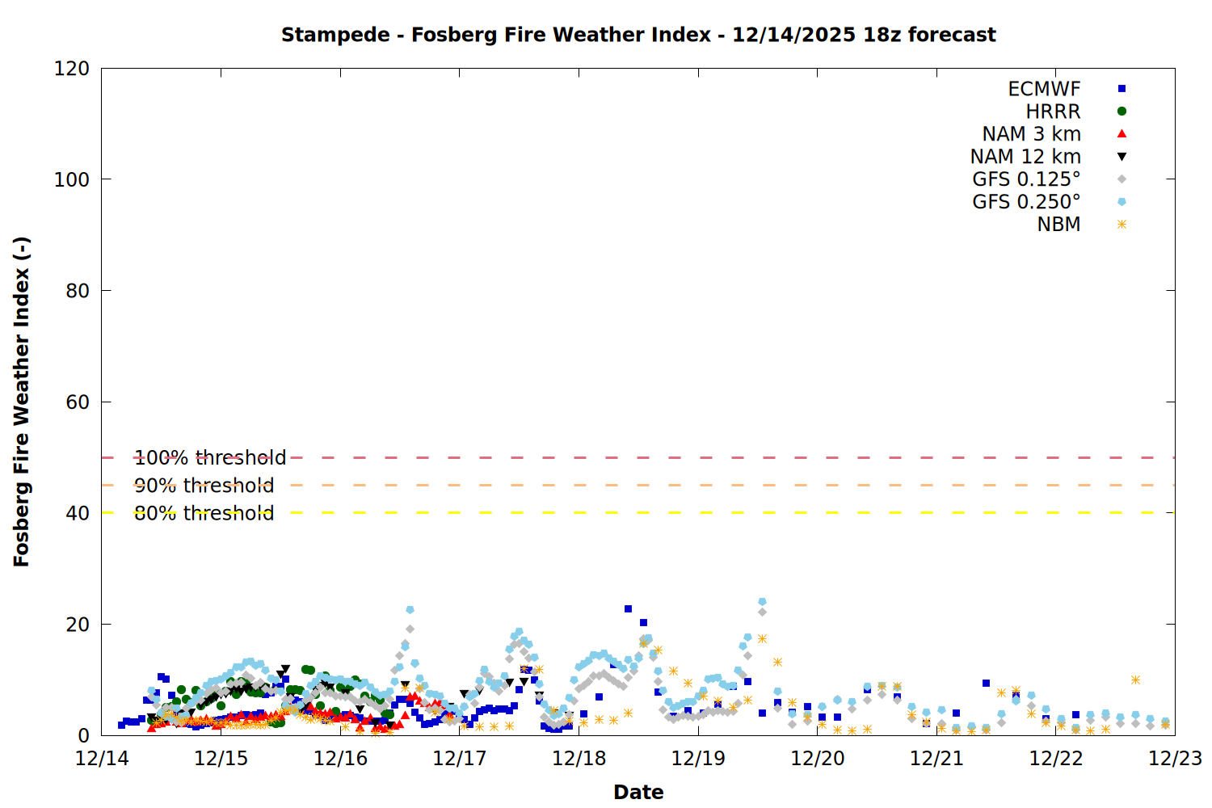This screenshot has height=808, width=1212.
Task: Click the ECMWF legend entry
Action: click(x=1044, y=89)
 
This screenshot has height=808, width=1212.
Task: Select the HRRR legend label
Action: click(x=1053, y=112)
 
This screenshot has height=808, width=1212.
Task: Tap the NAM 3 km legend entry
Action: click(x=1031, y=134)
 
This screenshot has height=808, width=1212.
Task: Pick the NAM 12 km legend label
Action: click(x=1025, y=157)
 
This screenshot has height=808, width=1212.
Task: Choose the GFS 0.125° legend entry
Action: click(x=1026, y=179)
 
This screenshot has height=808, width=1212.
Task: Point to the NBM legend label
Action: click(x=1058, y=225)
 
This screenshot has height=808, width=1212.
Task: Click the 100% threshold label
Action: click(x=210, y=458)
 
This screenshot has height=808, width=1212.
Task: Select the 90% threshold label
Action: click(x=204, y=486)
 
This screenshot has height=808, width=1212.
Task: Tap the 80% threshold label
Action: click(x=204, y=513)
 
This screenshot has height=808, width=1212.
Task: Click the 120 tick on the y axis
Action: click(x=72, y=69)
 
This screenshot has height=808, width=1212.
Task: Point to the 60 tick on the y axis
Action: click(x=78, y=402)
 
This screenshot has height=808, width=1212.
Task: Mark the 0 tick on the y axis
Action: click(x=83, y=735)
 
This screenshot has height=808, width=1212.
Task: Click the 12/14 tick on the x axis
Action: click(x=102, y=759)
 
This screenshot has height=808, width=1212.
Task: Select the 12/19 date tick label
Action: click(x=698, y=759)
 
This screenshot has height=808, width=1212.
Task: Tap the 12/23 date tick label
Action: click(x=1175, y=759)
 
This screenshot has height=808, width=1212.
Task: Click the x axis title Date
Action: click(x=638, y=792)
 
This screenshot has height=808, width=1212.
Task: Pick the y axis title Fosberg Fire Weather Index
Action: click(x=22, y=402)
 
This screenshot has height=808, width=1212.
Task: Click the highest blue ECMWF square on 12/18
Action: click(x=628, y=608)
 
